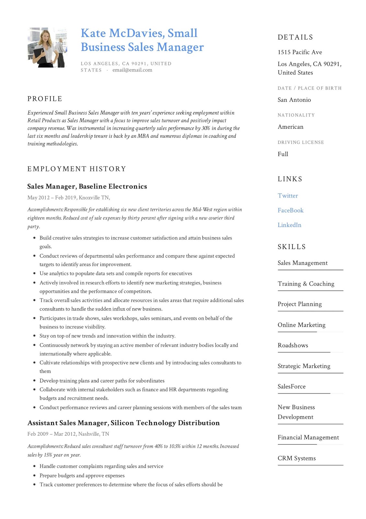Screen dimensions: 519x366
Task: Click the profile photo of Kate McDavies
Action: (47, 48)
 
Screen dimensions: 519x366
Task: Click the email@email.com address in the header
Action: (132, 70)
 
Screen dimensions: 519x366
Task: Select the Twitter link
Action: (288, 196)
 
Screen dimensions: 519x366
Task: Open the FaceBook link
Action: (290, 210)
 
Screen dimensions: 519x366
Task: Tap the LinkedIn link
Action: (289, 225)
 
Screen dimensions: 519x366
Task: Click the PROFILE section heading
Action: (45, 99)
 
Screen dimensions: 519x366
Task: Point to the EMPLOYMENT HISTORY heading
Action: (76, 169)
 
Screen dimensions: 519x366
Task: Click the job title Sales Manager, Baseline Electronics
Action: (87, 186)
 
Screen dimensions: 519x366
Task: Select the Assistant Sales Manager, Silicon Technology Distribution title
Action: (123, 423)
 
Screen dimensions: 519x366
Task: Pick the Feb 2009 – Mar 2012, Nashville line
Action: (68, 434)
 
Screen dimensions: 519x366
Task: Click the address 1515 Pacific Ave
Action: (300, 52)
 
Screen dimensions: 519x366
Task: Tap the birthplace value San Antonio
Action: (294, 100)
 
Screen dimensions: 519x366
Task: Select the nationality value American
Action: (290, 127)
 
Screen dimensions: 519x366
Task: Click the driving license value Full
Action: (283, 154)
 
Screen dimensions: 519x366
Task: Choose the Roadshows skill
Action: (292, 345)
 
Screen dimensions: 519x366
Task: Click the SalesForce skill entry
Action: (292, 386)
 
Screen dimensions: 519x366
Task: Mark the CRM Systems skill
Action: (296, 458)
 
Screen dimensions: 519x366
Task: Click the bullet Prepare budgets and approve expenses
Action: (82, 475)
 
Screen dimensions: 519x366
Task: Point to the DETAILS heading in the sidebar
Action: (295, 37)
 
